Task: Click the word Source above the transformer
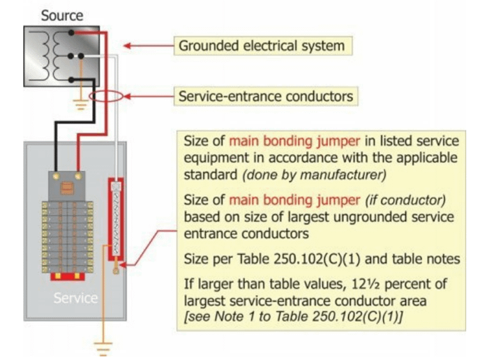point(62,15)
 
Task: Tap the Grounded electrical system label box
point(262,46)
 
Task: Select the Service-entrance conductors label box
point(266,96)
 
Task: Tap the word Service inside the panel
point(75,298)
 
